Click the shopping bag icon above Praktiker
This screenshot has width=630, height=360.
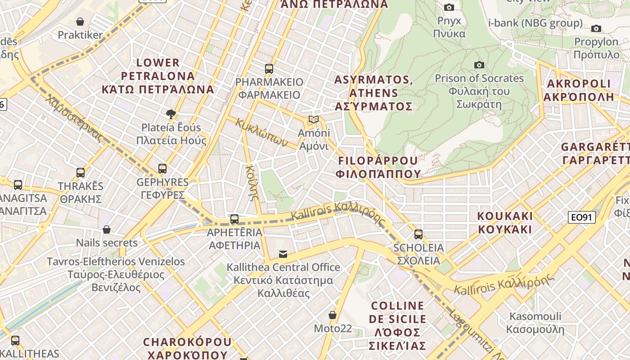[80, 22]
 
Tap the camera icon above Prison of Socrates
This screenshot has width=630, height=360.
[479, 65]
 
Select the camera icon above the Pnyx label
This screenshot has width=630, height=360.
[449, 7]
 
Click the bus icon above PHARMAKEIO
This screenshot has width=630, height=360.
[269, 69]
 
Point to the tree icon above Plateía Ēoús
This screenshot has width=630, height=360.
[171, 114]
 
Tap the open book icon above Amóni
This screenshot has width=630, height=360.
[314, 120]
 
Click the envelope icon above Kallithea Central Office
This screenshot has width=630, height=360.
[283, 254]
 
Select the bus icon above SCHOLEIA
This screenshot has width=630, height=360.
[418, 234]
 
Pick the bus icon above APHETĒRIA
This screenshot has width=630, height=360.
[234, 220]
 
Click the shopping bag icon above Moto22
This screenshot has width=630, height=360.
[333, 315]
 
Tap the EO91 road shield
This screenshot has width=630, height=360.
[581, 218]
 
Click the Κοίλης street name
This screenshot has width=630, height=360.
[252, 182]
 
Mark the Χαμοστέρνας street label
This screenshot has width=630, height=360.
[75, 119]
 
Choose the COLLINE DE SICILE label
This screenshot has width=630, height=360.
[397, 312]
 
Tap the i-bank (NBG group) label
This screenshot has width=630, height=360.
[535, 23]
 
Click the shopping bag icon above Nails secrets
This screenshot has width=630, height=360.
[107, 230]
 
